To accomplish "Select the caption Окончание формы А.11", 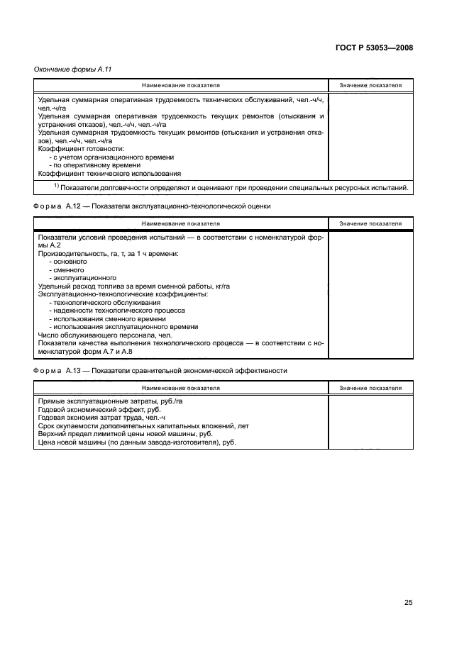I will (x=73, y=69).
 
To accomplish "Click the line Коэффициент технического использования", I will (x=109, y=173).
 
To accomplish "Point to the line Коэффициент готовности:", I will (x=81, y=149).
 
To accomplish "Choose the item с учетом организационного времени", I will (x=111, y=157).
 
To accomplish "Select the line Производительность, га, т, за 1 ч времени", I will (x=108, y=254).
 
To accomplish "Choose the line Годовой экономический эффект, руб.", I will (x=99, y=409).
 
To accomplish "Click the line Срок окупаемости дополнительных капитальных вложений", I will (x=143, y=425).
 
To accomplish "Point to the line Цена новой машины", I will (x=136, y=442).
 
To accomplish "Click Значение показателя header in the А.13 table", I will (x=370, y=388).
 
